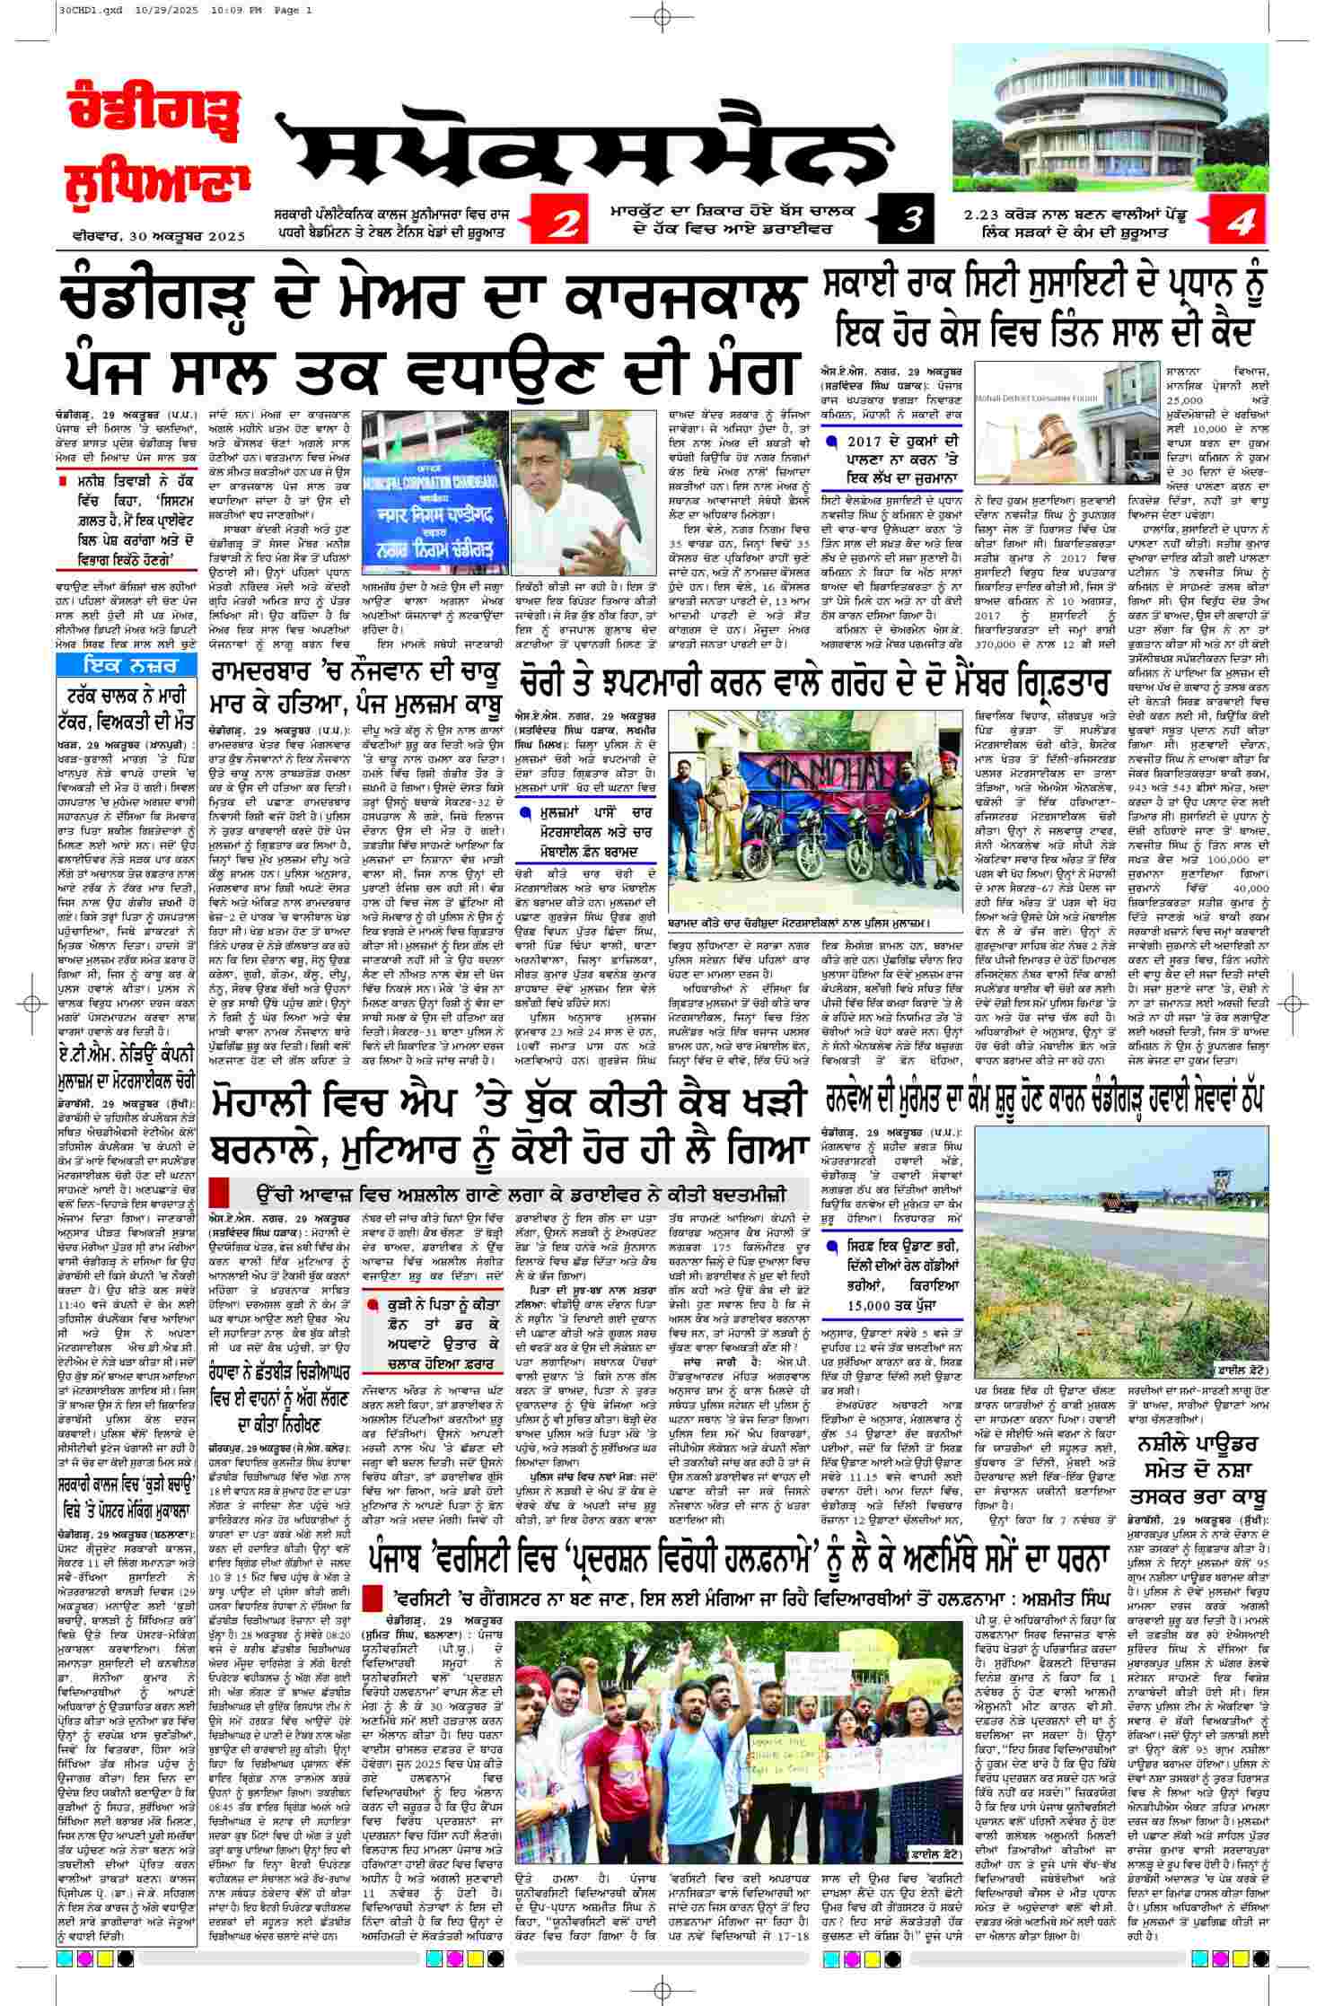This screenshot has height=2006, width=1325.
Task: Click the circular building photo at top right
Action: pyautogui.click(x=1110, y=109)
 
